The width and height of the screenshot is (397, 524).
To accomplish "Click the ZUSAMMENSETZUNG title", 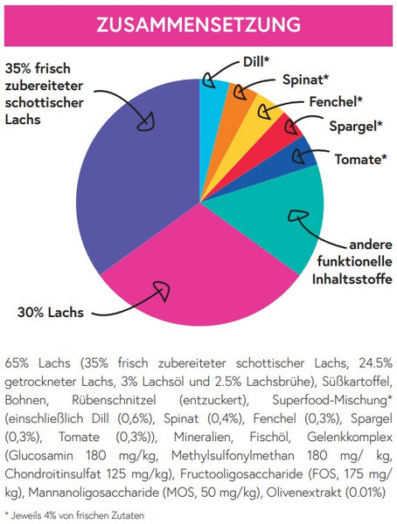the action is click(x=198, y=25).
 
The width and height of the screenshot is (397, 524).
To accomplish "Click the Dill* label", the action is click(x=256, y=61).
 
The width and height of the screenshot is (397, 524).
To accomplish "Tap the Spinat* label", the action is click(x=305, y=79).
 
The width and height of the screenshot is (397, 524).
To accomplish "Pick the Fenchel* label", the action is click(x=336, y=101).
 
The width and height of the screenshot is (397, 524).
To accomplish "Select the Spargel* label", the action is click(x=356, y=127).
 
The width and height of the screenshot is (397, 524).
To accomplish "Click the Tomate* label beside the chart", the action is click(x=361, y=159).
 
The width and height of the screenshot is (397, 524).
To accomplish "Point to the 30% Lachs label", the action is click(x=50, y=313).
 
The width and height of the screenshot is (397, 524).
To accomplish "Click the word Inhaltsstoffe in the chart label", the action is click(x=352, y=279).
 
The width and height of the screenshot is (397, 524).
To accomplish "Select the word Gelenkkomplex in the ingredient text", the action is click(x=350, y=438).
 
